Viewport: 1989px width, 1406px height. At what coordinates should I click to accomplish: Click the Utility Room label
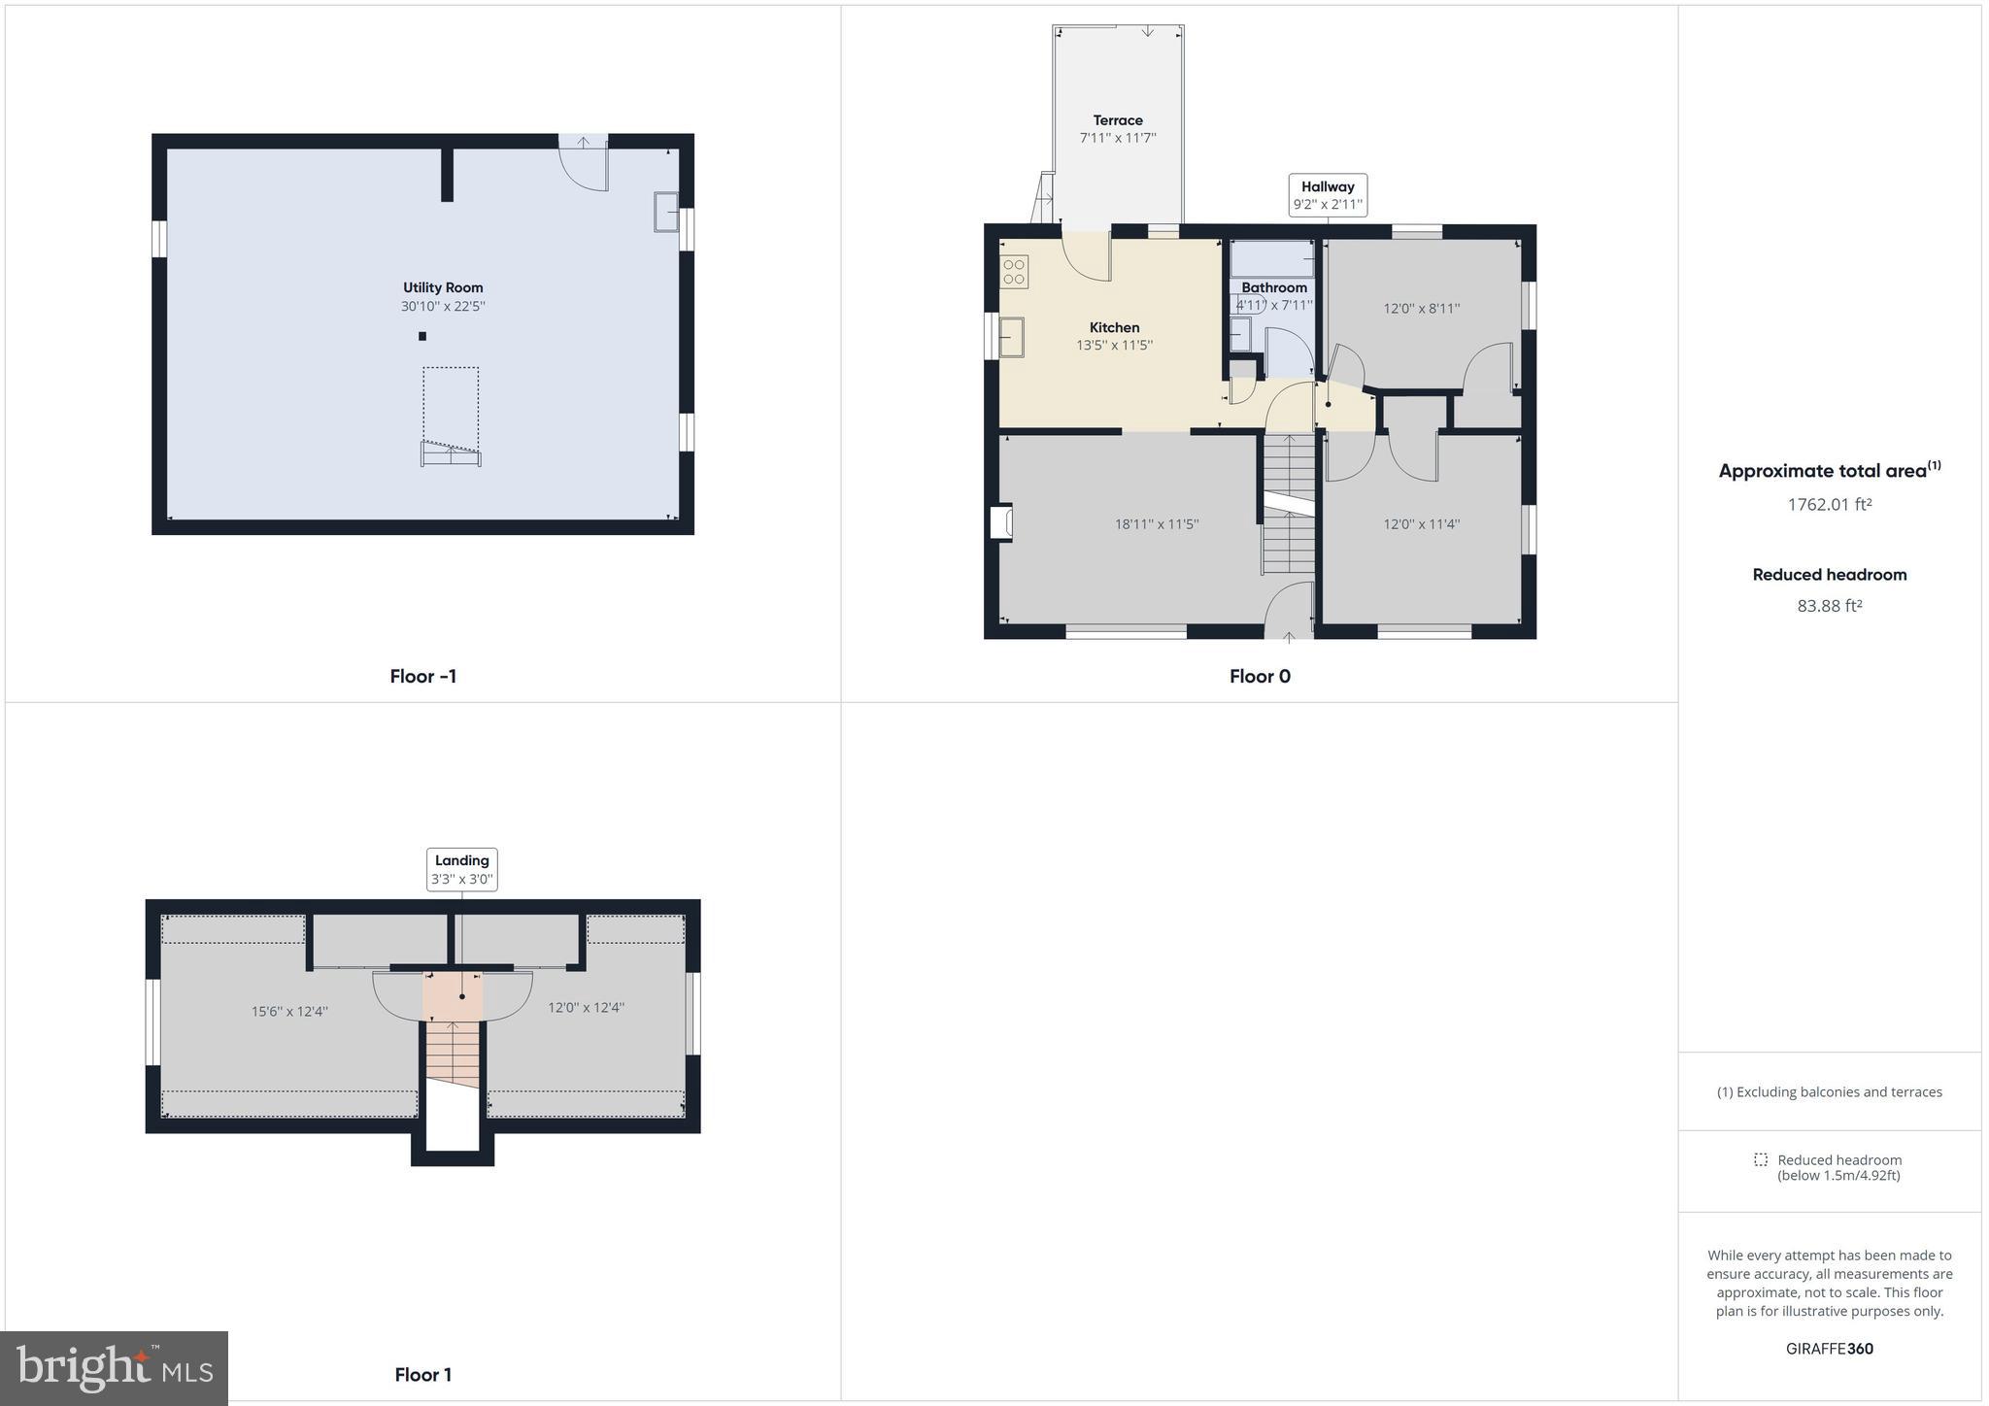pos(443,287)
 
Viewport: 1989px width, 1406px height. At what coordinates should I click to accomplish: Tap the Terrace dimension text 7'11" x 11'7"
pos(1117,138)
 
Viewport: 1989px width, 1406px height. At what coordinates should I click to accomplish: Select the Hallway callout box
pos(1328,195)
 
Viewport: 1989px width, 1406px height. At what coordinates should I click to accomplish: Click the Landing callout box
pos(462,869)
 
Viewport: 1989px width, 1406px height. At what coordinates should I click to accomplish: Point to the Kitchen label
pos(1114,327)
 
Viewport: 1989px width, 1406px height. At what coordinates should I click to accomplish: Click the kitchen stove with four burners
pos(1014,271)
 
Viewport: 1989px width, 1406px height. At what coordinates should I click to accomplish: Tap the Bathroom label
pos(1274,287)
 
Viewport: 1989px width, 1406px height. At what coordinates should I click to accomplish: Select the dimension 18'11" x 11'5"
pos(1156,524)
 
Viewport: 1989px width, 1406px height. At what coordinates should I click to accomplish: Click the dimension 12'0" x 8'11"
pos(1421,309)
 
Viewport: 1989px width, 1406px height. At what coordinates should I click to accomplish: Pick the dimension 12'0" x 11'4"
pos(1421,524)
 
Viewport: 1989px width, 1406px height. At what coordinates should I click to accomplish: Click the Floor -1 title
pos(422,677)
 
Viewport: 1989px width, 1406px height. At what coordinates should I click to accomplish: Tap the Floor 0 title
pos(1260,677)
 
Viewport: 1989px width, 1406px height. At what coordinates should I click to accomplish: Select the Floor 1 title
pos(422,1374)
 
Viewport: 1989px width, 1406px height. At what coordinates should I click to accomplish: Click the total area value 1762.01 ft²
pos(1829,505)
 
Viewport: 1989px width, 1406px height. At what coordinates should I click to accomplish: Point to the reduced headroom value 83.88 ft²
pos(1829,606)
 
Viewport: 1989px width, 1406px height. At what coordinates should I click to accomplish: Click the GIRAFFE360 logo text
pos(1829,1349)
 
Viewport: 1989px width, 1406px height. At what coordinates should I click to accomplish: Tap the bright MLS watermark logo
pos(115,1368)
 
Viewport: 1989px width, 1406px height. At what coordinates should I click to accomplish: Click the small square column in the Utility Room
pos(422,337)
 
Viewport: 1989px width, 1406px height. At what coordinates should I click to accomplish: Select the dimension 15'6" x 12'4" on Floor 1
pos(289,1012)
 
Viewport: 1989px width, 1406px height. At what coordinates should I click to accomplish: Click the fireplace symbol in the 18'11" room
pos(1001,521)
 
